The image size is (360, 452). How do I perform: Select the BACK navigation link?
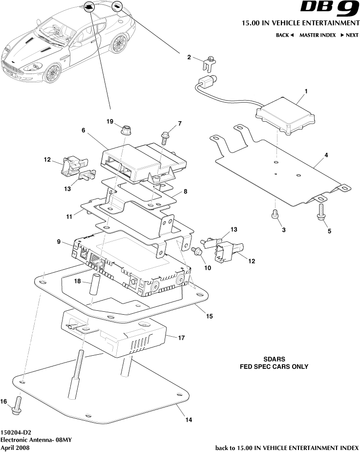(x=285, y=35)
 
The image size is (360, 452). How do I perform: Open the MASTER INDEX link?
(x=318, y=35)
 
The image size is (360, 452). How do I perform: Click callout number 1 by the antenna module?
(x=306, y=91)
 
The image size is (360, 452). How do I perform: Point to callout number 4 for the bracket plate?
(x=326, y=155)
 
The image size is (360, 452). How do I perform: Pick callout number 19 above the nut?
(x=110, y=121)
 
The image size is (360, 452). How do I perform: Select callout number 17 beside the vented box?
(x=181, y=337)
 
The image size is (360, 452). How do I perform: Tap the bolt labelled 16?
(x=18, y=404)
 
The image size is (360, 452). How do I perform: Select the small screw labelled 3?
(x=275, y=214)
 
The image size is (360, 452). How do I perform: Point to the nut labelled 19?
(x=125, y=131)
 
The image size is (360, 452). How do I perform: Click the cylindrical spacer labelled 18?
(x=95, y=288)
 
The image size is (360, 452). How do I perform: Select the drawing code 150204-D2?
(x=18, y=432)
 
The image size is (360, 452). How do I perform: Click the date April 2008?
(x=15, y=447)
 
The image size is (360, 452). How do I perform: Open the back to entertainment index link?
(x=287, y=447)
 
